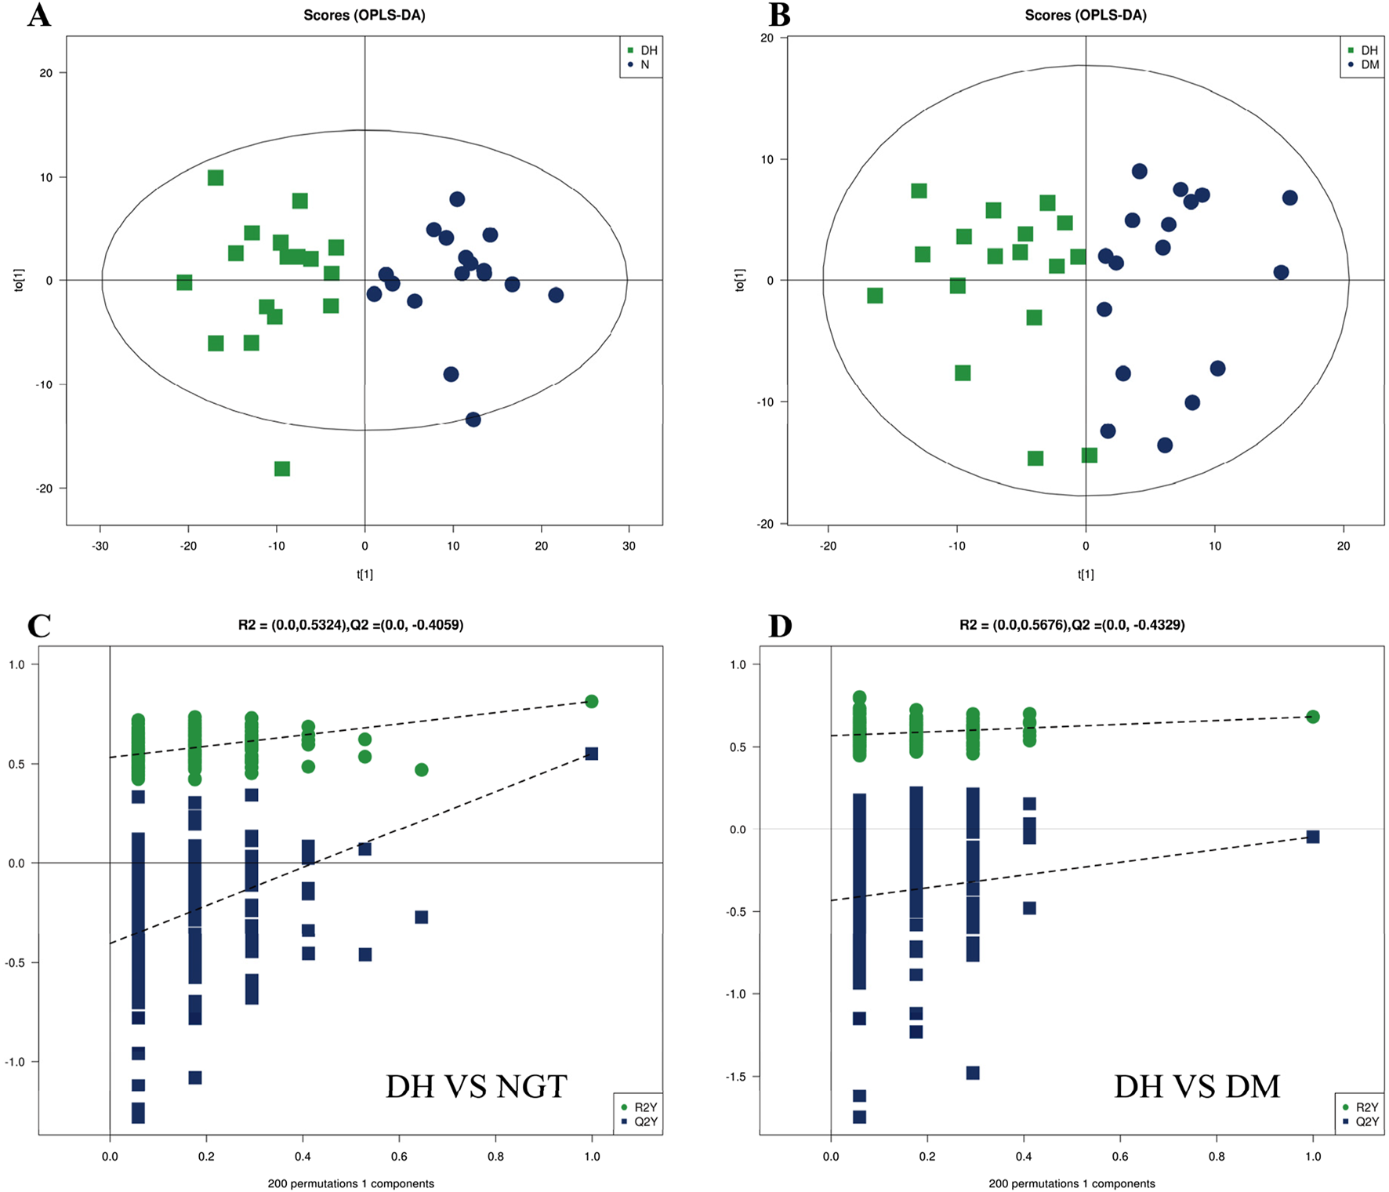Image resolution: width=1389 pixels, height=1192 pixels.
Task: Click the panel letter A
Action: pos(38,16)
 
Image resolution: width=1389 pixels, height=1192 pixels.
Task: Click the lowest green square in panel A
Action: pos(282,469)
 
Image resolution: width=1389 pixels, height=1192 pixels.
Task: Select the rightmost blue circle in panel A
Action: pos(556,295)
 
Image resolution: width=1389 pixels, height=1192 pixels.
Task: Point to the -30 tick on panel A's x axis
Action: pos(100,546)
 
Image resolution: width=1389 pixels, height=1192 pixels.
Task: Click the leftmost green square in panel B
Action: pos(875,296)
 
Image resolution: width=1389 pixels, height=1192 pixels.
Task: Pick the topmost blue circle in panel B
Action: pos(1140,171)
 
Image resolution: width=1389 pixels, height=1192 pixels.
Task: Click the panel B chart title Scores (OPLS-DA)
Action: pos(1086,16)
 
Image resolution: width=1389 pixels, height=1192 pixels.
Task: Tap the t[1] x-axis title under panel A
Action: pos(364,575)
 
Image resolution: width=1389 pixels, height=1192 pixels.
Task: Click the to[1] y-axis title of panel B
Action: pos(739,280)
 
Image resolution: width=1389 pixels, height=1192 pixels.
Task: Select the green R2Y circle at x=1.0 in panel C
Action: pos(592,701)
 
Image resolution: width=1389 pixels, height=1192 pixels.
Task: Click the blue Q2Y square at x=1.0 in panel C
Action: pos(592,754)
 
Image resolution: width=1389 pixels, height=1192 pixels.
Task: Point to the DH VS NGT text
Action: pos(476,1086)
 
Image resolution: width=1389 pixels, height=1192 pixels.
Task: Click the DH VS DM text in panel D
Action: pos(1196,1086)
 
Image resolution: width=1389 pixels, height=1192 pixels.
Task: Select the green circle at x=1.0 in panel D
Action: pos(1313,717)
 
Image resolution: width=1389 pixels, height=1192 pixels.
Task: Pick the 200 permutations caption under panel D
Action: pos(1072,1183)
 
